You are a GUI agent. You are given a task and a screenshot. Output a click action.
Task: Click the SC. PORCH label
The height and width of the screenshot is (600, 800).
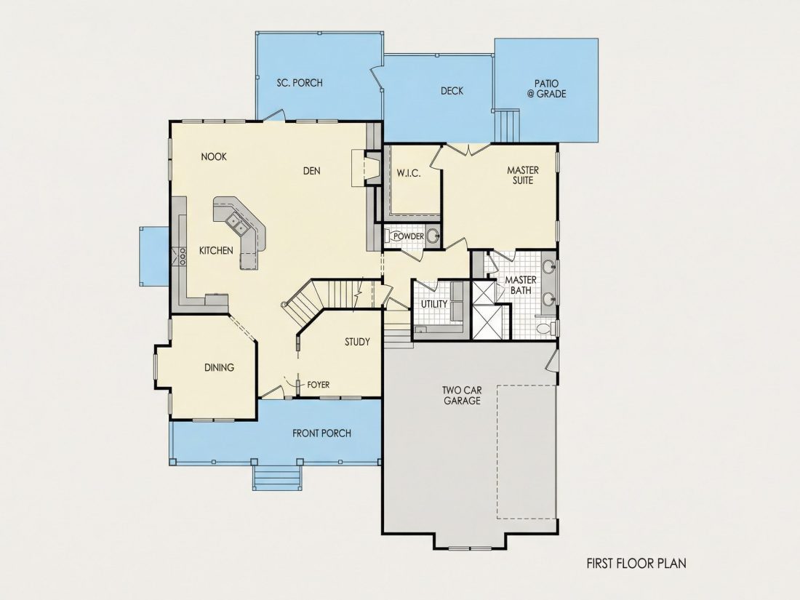tap(300, 83)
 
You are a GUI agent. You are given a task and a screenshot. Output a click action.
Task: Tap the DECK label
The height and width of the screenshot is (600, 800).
tap(452, 91)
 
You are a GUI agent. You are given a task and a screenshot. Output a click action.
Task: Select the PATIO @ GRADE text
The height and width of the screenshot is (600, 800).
tap(546, 88)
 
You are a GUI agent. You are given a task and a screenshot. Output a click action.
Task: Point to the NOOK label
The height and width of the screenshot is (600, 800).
tap(214, 156)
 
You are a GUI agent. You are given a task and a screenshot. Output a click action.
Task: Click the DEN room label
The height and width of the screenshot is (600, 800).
tap(312, 171)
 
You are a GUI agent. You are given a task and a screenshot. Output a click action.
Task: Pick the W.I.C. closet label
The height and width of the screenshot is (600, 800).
tap(409, 174)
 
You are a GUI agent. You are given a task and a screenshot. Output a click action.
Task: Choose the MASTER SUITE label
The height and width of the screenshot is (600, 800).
tap(523, 175)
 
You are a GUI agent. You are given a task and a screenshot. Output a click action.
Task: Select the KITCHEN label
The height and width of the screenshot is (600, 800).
tap(216, 250)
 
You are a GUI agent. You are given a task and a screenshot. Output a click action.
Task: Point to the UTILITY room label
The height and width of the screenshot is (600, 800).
tap(434, 304)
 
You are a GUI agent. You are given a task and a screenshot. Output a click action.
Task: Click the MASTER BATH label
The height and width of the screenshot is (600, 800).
tap(521, 285)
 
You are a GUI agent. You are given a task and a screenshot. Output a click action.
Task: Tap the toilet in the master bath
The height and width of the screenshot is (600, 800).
tap(547, 328)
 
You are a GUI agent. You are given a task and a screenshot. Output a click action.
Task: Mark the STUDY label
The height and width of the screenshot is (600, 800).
tap(357, 342)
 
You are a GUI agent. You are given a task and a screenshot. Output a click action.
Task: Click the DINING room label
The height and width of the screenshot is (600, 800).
tap(220, 367)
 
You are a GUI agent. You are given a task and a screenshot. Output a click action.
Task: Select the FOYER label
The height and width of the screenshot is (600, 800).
tap(319, 385)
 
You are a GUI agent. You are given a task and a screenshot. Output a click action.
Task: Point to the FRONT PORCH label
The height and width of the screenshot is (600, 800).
tap(321, 433)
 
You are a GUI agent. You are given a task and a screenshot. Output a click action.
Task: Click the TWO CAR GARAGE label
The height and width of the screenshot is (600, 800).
tap(463, 396)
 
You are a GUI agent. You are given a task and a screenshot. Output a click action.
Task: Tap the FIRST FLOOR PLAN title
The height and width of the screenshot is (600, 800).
tap(636, 563)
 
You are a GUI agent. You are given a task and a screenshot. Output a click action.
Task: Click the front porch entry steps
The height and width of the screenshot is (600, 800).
tap(277, 478)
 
